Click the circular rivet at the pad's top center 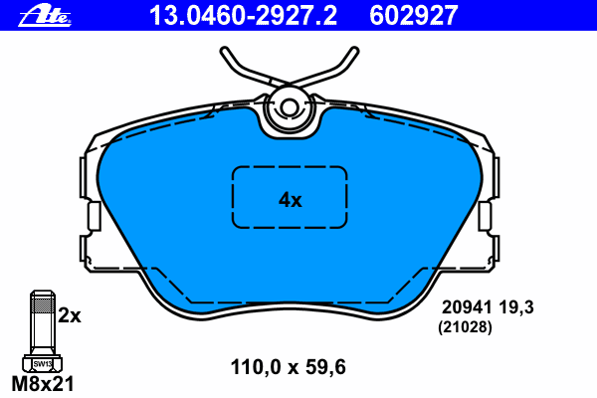tap(291, 108)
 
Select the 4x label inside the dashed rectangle tap(290, 199)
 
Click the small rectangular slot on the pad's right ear tap(486, 216)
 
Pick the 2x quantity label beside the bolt tap(69, 315)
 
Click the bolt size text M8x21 tap(41, 383)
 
